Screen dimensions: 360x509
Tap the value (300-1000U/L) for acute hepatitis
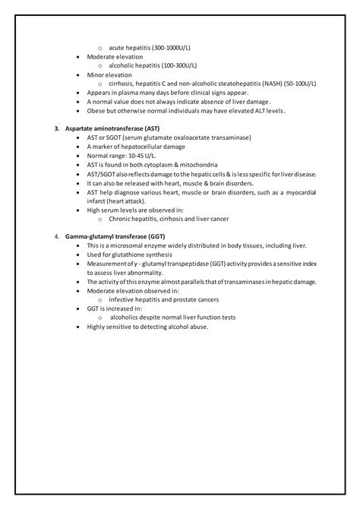(x=169, y=47)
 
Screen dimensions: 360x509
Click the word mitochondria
(x=198, y=164)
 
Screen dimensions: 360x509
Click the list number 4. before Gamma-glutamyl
(x=58, y=237)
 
